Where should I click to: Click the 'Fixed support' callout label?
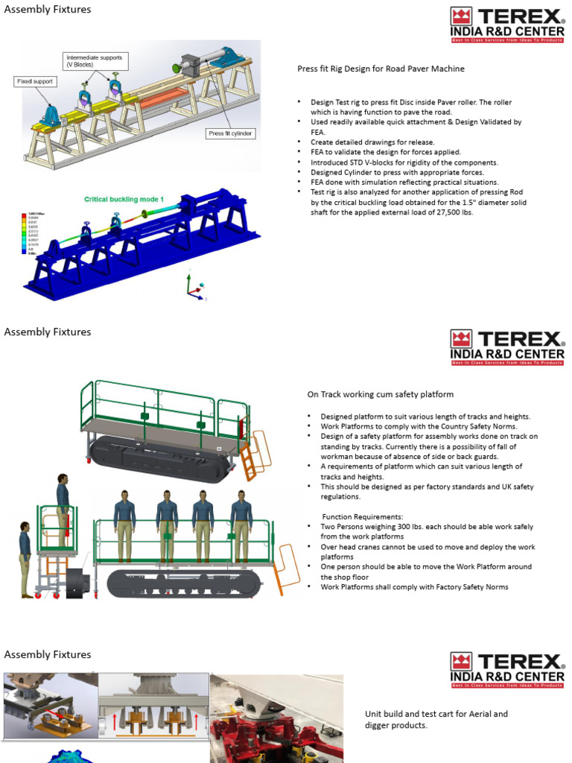(x=34, y=81)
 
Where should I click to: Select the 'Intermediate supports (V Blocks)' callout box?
(x=94, y=61)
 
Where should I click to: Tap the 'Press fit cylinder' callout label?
(x=230, y=133)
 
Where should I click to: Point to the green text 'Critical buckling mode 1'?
(x=124, y=200)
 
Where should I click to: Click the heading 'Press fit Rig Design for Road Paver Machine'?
(x=381, y=69)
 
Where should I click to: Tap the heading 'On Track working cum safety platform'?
(x=380, y=394)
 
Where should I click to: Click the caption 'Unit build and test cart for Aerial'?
(x=436, y=714)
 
